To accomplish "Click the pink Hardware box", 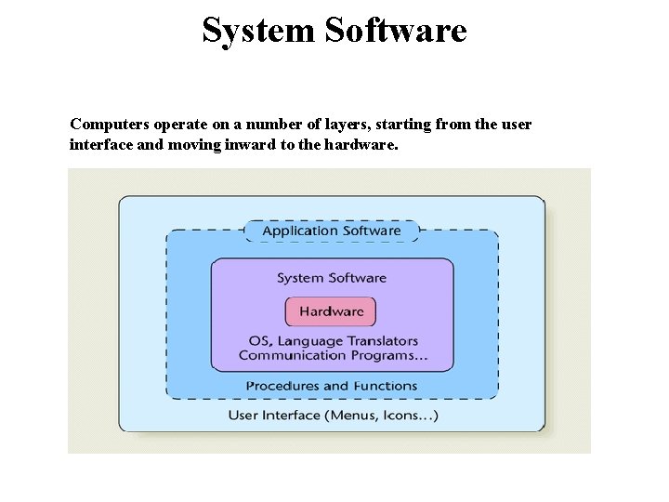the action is pos(331,311).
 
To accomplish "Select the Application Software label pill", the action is pos(332,231).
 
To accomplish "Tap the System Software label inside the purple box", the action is pos(332,278).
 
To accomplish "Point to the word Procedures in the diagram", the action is pos(282,386).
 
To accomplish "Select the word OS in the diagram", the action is pos(260,341).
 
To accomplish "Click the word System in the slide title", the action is pos(258,31).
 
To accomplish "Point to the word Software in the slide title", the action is pos(395,31).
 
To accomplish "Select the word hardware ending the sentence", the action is pos(359,145).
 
